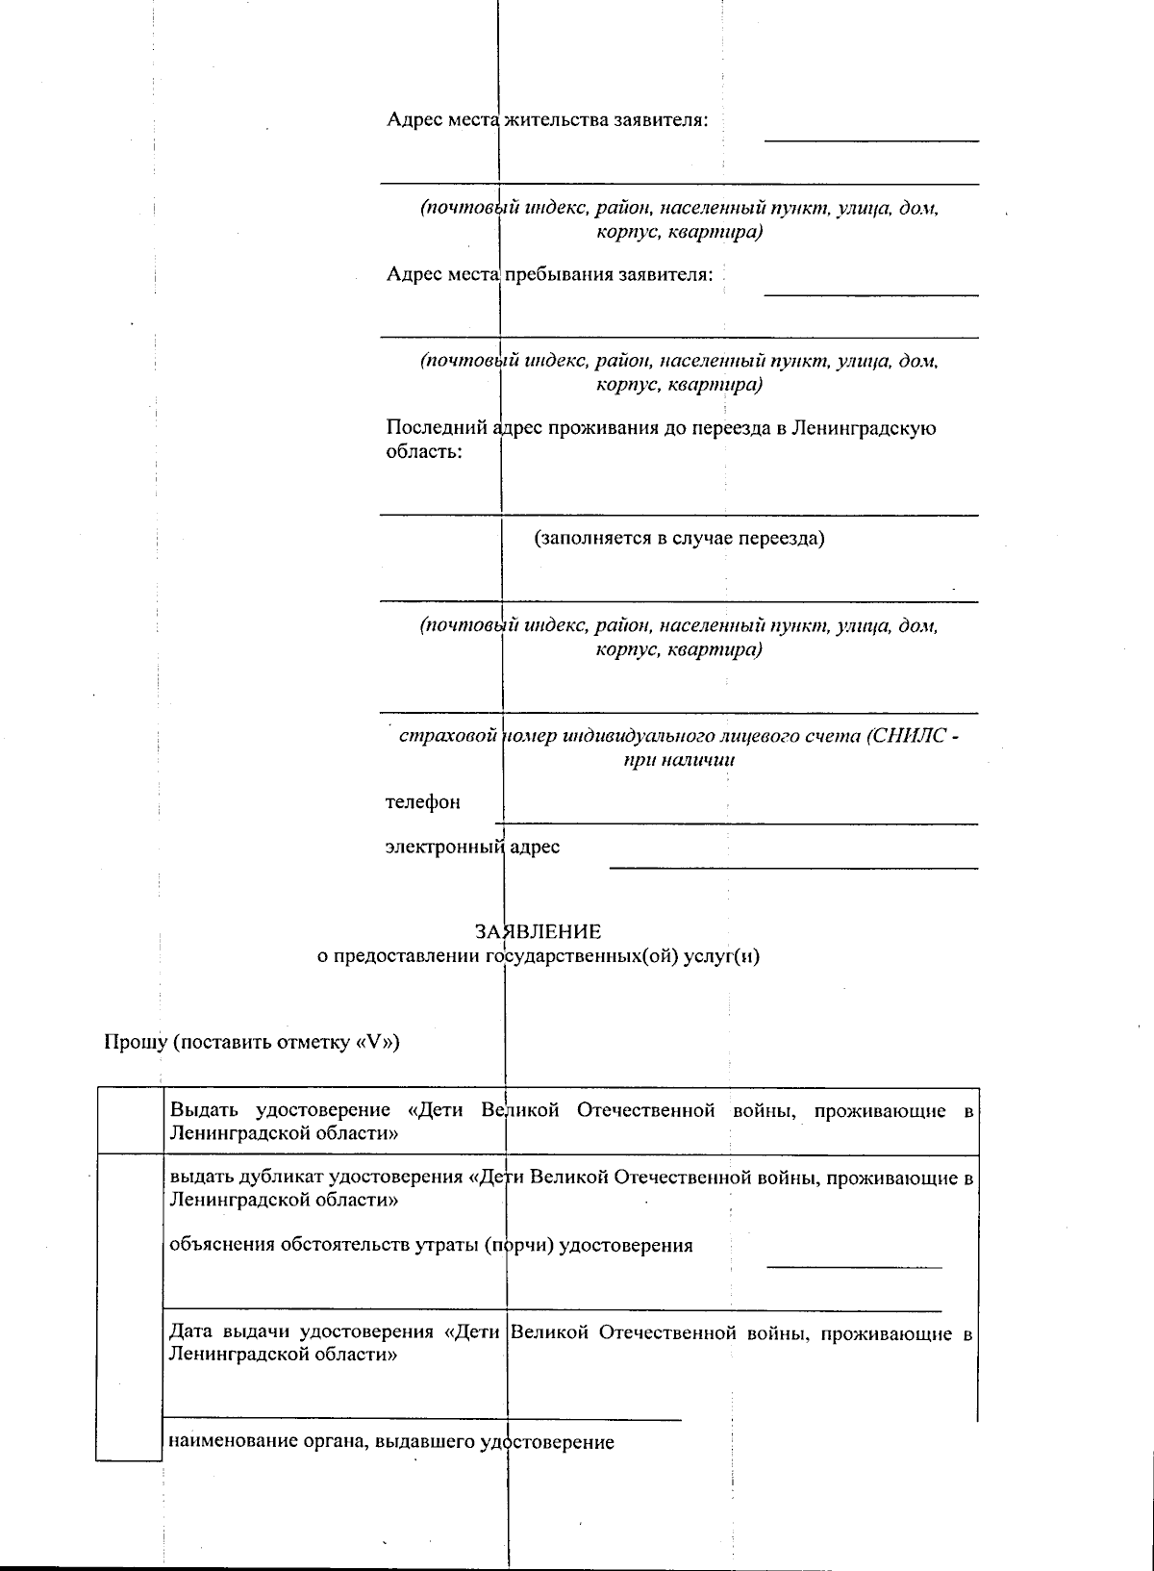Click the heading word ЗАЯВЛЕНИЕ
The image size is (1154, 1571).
(538, 931)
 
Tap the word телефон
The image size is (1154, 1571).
(422, 802)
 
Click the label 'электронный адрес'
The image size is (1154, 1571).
(472, 848)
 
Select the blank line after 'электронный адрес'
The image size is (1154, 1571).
(792, 867)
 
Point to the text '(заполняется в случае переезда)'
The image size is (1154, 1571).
(679, 538)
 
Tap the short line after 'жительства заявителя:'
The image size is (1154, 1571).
(870, 140)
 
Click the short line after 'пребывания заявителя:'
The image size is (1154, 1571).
(870, 293)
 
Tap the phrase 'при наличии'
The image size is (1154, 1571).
(679, 760)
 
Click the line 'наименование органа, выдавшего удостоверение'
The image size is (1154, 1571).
(390, 1442)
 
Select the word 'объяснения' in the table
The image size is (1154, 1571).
(221, 1245)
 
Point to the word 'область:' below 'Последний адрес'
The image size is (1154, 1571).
(423, 451)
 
